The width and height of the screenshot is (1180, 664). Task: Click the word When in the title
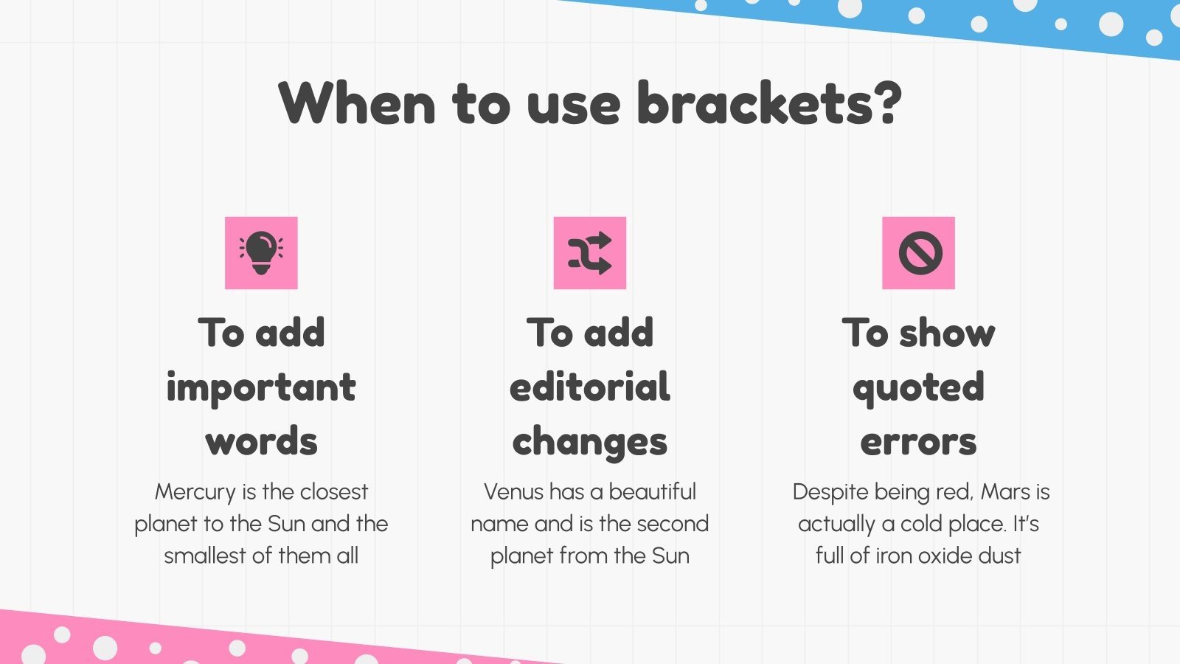tap(357, 103)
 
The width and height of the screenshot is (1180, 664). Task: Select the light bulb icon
tap(261, 252)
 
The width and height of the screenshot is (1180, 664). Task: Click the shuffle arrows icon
tap(590, 252)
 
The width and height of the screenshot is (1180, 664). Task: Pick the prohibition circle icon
tap(919, 252)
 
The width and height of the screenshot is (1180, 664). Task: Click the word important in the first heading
tap(261, 388)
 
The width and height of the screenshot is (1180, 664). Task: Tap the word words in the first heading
tap(261, 441)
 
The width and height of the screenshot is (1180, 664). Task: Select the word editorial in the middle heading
tap(590, 387)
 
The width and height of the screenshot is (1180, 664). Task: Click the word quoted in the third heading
tap(919, 388)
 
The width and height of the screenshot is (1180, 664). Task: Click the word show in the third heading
tap(947, 333)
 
